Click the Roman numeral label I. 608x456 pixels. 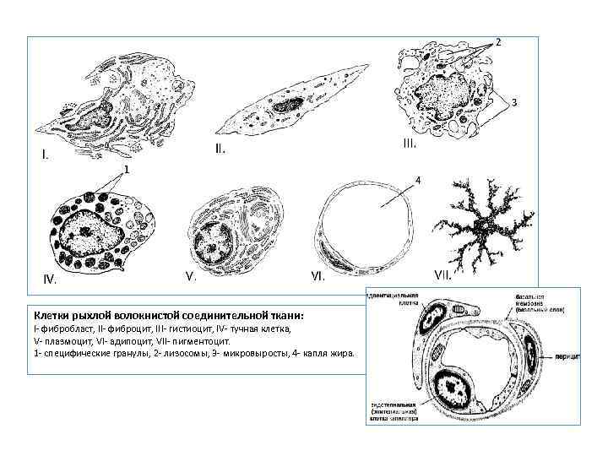pyautogui.click(x=46, y=155)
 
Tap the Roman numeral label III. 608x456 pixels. pyautogui.click(x=409, y=144)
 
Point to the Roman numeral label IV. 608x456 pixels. pyautogui.click(x=52, y=279)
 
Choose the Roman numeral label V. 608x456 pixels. pyautogui.click(x=191, y=276)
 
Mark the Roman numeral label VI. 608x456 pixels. pyautogui.click(x=318, y=276)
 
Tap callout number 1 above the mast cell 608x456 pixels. pyautogui.click(x=126, y=170)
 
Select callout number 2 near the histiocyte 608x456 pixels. pyautogui.click(x=498, y=41)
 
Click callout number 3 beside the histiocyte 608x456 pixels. pyautogui.click(x=513, y=102)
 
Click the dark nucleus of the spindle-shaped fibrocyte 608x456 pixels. pyautogui.click(x=285, y=107)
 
